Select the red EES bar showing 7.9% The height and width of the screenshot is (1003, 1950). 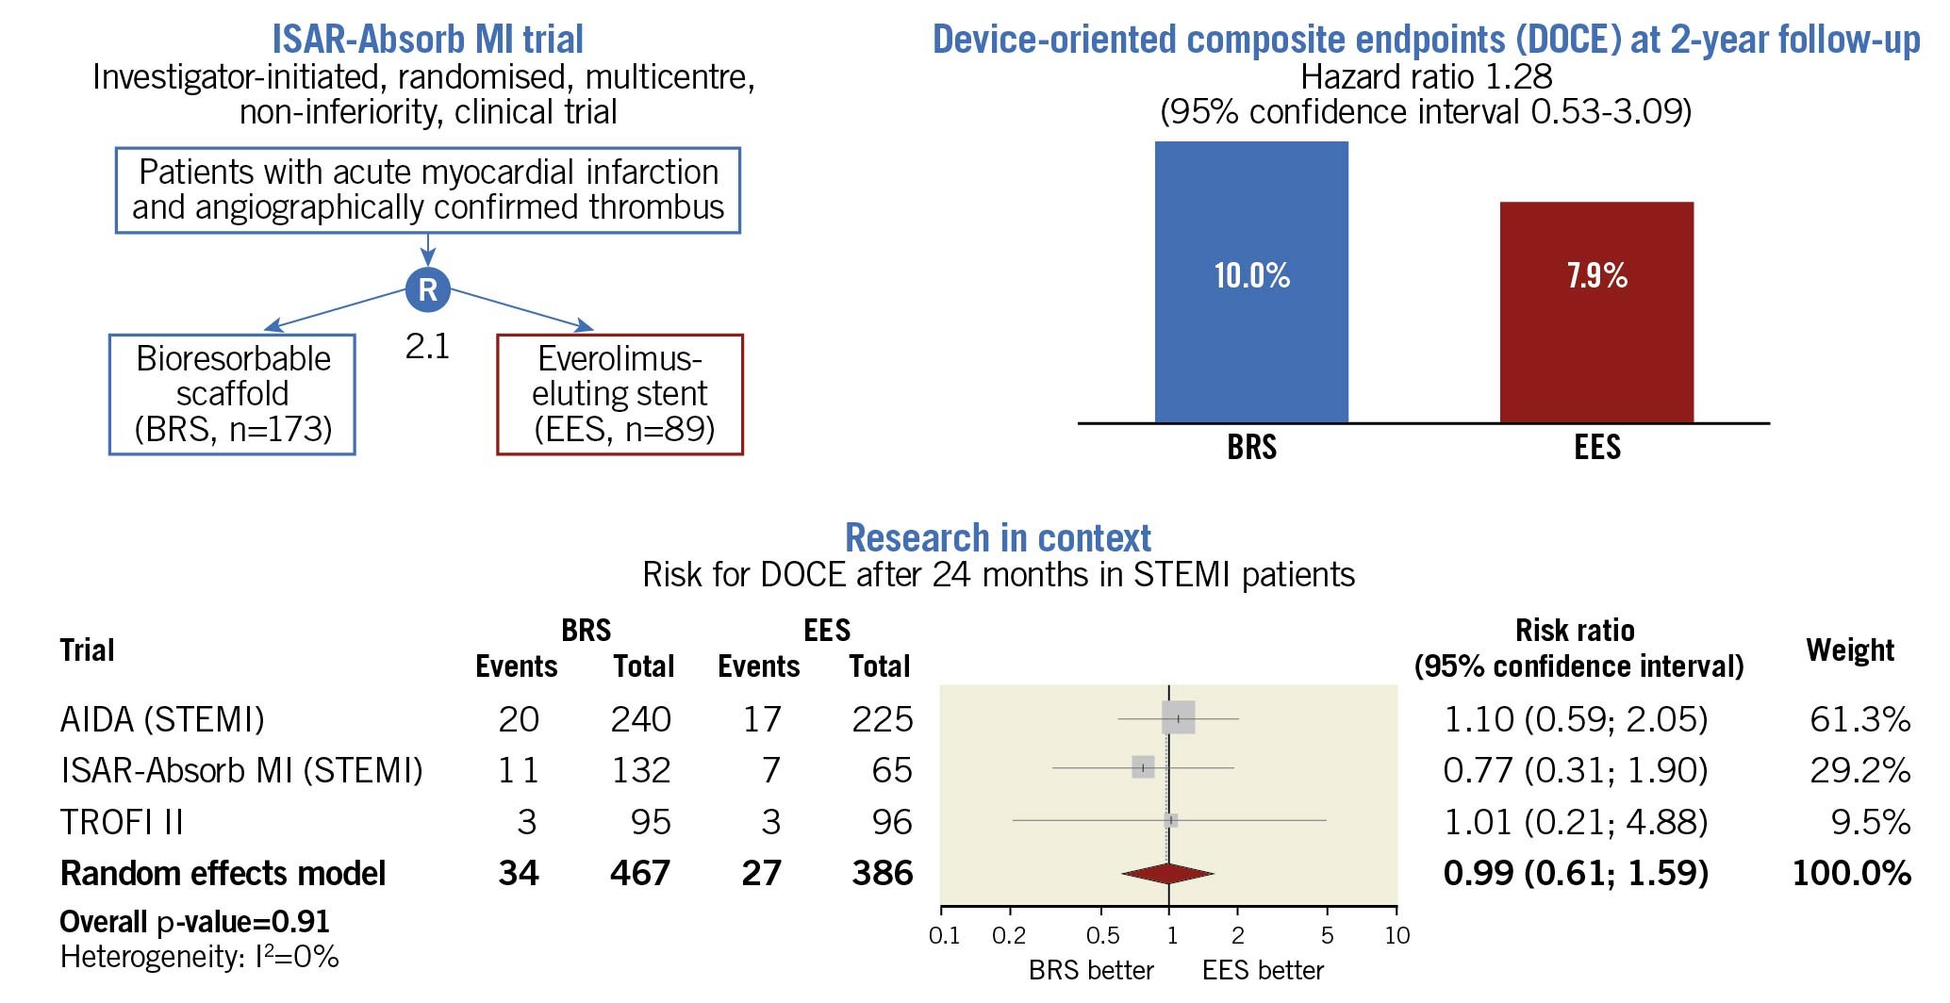click(1596, 311)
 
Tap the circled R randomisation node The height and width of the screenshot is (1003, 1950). click(428, 289)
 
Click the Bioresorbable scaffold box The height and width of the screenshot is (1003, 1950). click(232, 394)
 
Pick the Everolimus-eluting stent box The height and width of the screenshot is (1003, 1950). click(620, 394)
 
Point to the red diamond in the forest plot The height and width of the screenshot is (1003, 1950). click(1167, 874)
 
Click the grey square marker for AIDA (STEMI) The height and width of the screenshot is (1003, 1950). click(1179, 718)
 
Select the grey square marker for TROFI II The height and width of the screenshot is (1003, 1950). click(1170, 820)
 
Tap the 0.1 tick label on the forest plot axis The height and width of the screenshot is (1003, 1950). click(944, 935)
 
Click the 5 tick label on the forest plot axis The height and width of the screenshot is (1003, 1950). click(1327, 935)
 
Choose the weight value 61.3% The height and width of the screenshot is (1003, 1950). click(1859, 719)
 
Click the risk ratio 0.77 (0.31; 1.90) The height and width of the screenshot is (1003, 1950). click(1575, 770)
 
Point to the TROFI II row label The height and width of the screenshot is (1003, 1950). click(122, 822)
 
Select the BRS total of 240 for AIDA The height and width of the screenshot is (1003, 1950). click(640, 719)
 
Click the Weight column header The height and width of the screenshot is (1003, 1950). click(1849, 649)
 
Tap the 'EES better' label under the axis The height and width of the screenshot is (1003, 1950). click(1263, 970)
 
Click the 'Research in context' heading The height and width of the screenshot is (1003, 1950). click(998, 537)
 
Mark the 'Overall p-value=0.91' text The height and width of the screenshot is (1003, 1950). click(194, 921)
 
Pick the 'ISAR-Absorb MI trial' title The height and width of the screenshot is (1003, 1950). click(427, 40)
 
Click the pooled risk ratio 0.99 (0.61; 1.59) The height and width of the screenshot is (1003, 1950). click(1575, 873)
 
